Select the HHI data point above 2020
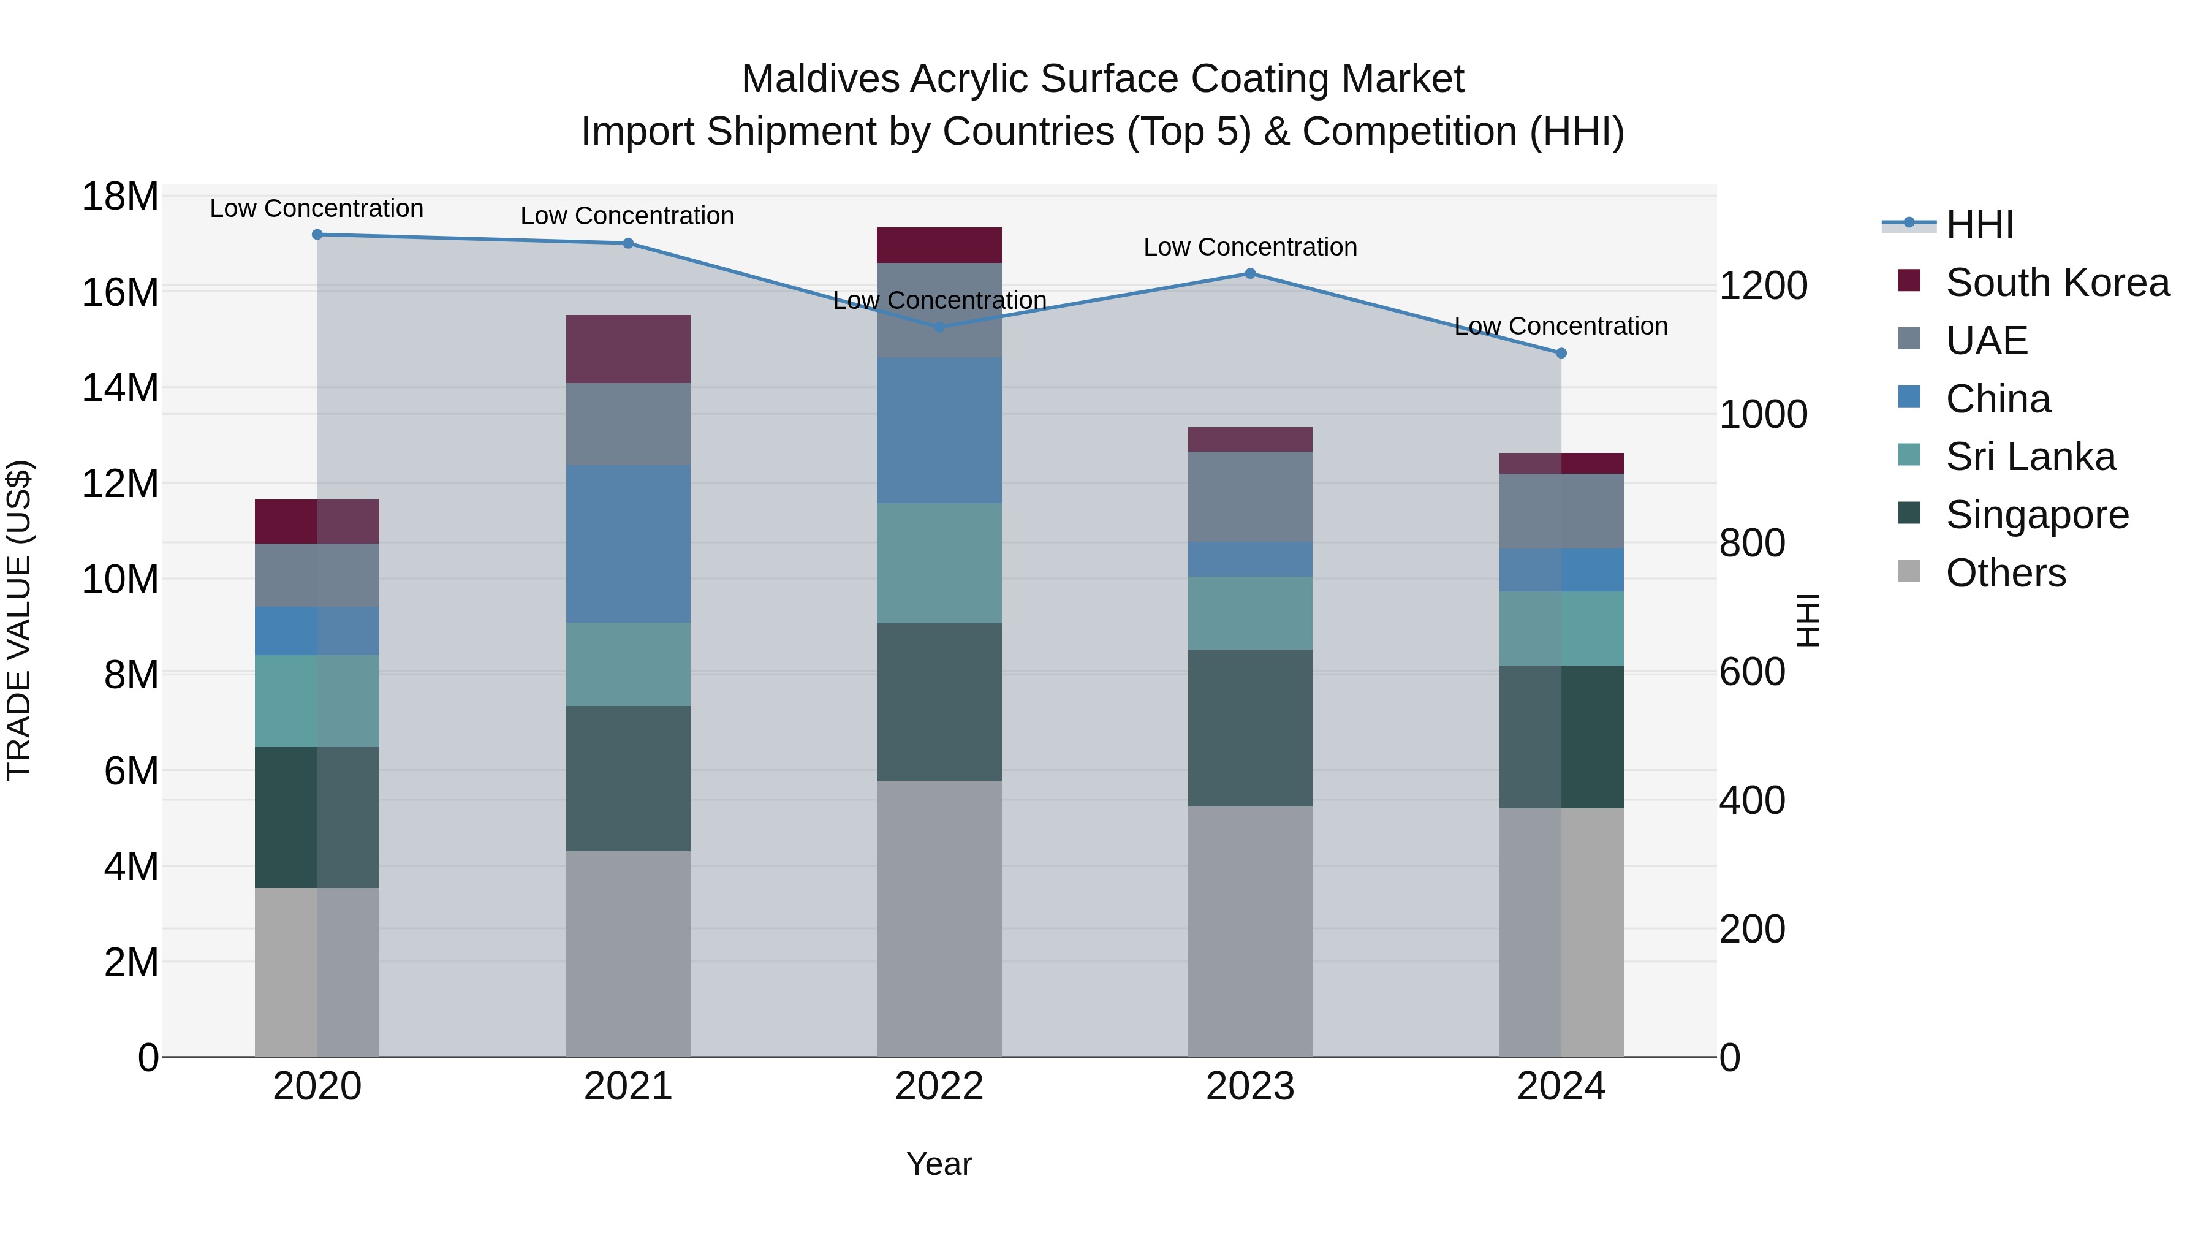317,235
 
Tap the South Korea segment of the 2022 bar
939,246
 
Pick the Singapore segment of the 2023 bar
1249,728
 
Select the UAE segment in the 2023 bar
1249,497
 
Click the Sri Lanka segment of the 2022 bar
939,563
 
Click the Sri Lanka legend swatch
1909,455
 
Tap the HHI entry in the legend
1979,224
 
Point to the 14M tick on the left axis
120,388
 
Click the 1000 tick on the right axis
1763,414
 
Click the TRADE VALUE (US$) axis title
19,620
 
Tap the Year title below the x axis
939,1164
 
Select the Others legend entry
2005,573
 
